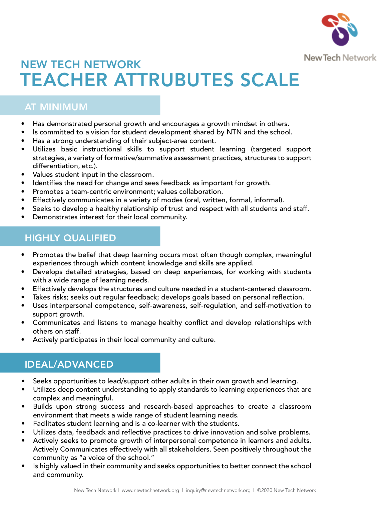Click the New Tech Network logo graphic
pos(340,29)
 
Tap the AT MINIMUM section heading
pos(56,107)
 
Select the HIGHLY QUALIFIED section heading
pos(70,238)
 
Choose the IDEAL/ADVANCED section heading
pos(69,364)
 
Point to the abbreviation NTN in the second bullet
pos(234,132)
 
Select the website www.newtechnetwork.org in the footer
pos(150,490)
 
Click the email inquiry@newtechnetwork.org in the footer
pos(218,490)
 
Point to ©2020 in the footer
pos(264,490)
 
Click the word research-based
pos(168,406)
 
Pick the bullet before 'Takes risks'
pos(23,297)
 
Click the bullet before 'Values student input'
pos(23,174)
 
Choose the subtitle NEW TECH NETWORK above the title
pos(81,65)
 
